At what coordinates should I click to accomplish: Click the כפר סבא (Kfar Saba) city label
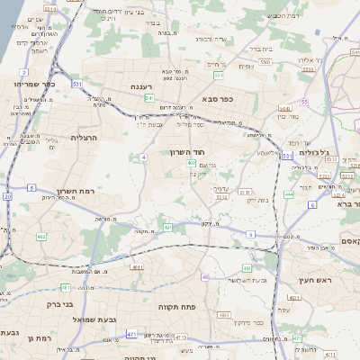point(219,98)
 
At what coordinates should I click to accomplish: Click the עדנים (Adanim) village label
point(221,188)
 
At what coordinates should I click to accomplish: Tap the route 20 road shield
point(7,195)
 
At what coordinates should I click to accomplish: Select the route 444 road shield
point(289,193)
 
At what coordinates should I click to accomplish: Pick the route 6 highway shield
point(312,205)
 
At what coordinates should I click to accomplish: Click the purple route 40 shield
point(205,277)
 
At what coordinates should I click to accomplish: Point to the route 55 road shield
point(304,102)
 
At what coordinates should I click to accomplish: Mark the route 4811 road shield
point(137,267)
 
